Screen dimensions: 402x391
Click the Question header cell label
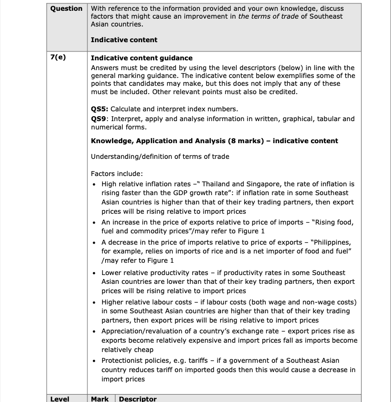67,9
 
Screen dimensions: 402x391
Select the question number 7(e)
58,58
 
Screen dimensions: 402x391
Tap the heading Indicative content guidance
141,58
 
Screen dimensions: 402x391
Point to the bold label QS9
99,119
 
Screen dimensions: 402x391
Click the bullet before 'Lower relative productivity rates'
94,273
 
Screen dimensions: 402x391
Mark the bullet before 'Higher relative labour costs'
94,302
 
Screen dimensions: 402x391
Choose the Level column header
60,399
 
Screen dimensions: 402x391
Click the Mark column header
100,399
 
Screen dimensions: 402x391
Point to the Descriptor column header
138,399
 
